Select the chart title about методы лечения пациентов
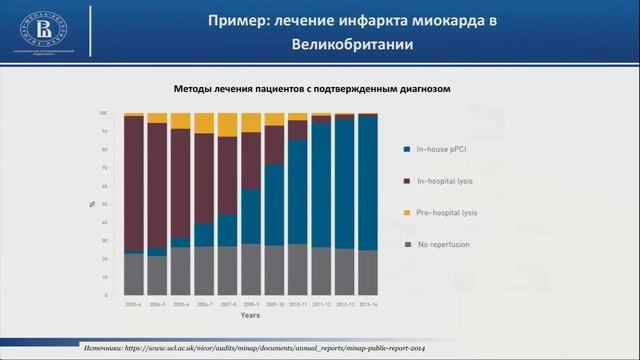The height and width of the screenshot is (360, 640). click(313, 88)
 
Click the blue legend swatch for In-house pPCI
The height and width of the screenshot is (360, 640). click(406, 149)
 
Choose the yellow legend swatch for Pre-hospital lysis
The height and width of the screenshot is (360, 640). click(406, 213)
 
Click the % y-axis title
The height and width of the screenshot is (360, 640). click(91, 204)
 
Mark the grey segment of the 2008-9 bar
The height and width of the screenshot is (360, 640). click(250, 270)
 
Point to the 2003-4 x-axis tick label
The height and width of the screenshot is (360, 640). click(133, 302)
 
